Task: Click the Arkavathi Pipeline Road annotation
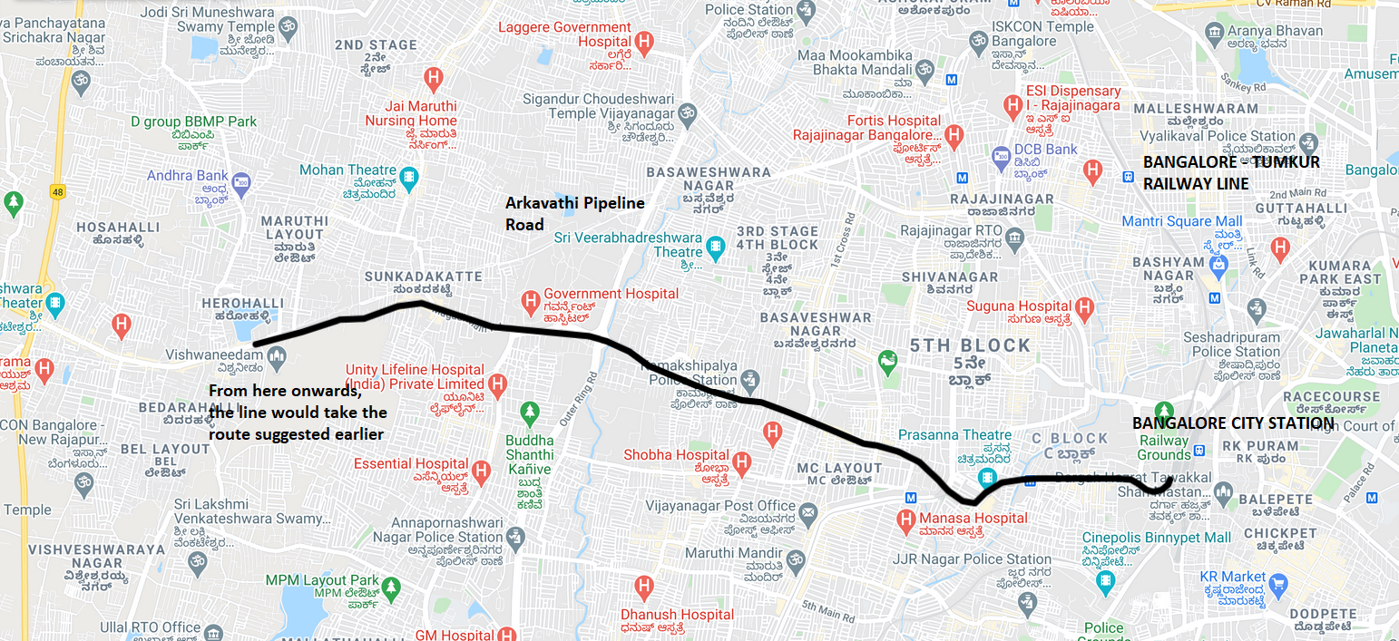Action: pos(574,213)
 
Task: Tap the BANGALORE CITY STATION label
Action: pos(1232,423)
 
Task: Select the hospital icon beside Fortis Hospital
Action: pos(953,138)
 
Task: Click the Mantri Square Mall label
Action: pos(1181,221)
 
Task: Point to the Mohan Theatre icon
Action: pos(409,177)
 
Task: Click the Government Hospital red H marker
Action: pos(531,299)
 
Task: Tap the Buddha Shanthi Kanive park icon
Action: pos(531,413)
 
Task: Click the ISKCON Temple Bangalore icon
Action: pos(977,41)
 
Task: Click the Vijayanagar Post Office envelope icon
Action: pos(807,513)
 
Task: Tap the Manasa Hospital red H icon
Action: pos(905,521)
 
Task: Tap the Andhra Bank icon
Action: pos(240,181)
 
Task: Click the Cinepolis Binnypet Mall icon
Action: pos(1105,580)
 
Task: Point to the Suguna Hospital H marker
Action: pos(1084,308)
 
